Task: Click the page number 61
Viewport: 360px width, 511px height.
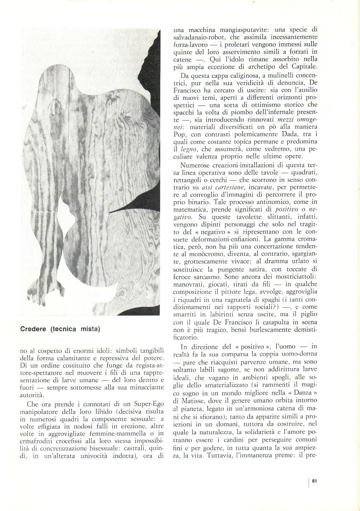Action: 314,481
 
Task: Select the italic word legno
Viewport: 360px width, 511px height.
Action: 191,149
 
